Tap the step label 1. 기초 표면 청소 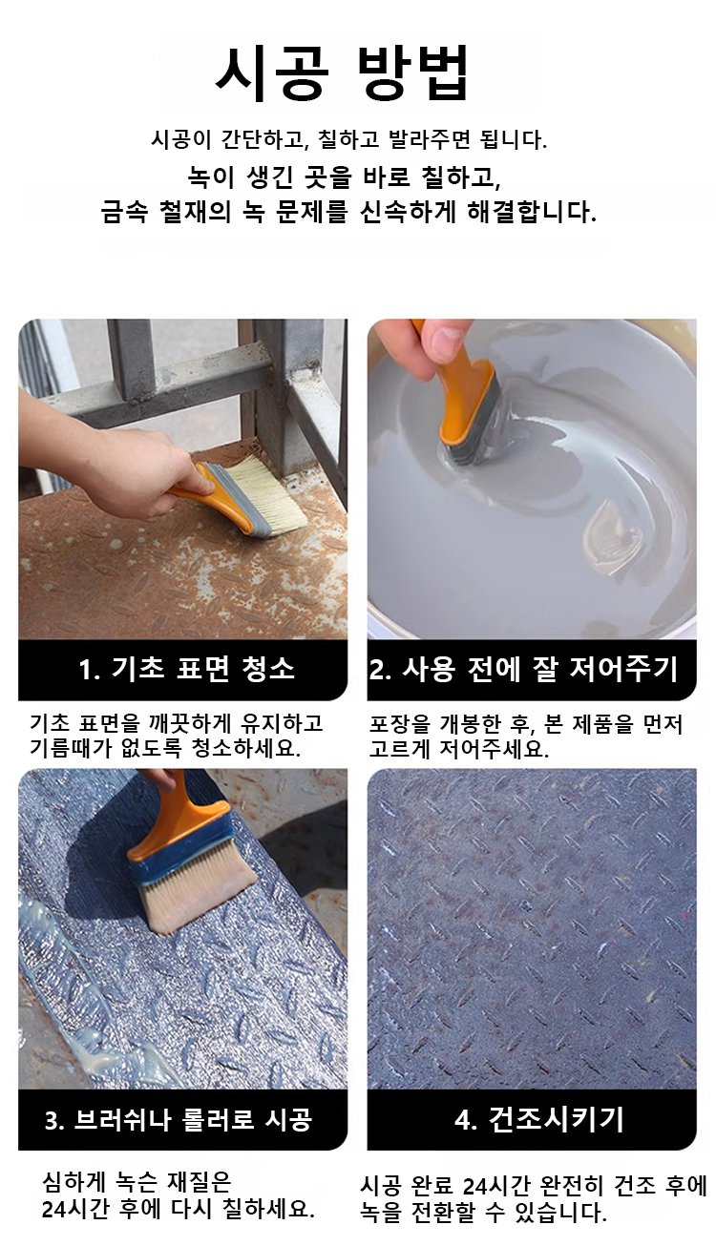[186, 668]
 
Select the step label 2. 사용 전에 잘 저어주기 [523, 668]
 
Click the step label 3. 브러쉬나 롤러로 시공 [179, 1119]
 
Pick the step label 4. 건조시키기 [538, 1119]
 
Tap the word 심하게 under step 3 [73, 1183]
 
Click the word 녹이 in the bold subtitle [210, 177]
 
